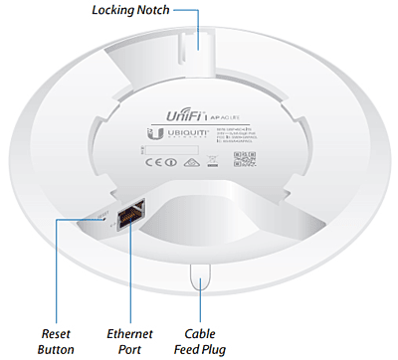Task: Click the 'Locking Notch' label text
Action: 129,11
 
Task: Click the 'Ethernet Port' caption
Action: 130,341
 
